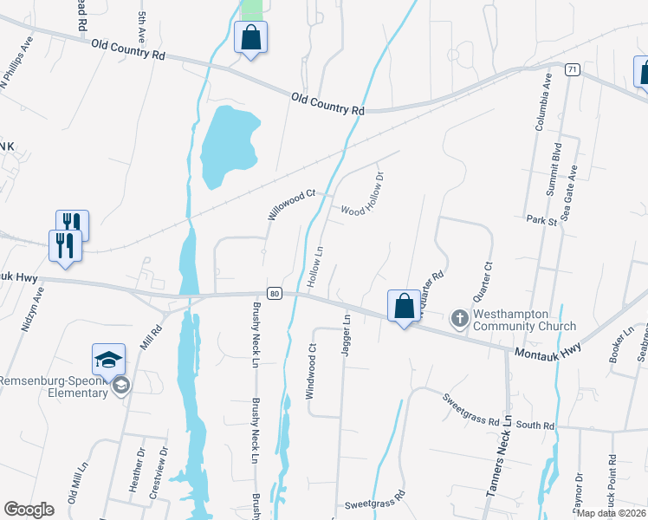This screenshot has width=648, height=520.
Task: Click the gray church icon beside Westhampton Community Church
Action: [459, 319]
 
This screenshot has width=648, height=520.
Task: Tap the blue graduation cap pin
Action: [109, 360]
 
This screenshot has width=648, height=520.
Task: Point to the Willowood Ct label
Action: [289, 205]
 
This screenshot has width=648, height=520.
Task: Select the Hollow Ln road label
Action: [316, 267]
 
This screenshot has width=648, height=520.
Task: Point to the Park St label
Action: [541, 221]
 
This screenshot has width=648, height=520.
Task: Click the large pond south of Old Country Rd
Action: [228, 143]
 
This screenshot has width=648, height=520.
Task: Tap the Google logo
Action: [29, 509]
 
